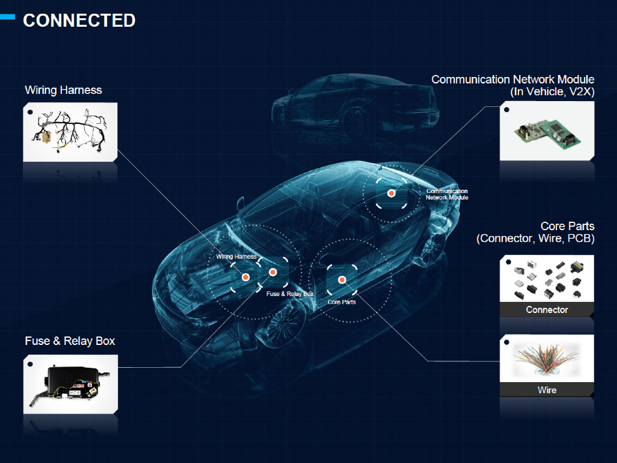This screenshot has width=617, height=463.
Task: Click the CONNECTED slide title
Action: (79, 20)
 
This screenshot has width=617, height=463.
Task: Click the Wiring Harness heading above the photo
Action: (63, 90)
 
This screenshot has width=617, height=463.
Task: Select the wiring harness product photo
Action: (70, 132)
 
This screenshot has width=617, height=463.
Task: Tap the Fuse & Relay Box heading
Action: (70, 340)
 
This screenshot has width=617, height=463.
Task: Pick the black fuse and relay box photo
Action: (70, 384)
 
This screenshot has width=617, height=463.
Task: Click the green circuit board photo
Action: (547, 131)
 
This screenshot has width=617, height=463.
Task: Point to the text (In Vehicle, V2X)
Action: (552, 92)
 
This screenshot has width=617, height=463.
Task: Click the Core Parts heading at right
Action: (567, 226)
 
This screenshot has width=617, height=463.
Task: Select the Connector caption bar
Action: (547, 310)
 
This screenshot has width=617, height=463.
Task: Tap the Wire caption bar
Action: (547, 390)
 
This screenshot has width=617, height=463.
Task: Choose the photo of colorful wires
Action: (547, 359)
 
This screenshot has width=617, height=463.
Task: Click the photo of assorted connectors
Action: (547, 279)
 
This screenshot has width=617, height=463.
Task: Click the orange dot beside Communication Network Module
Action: (391, 193)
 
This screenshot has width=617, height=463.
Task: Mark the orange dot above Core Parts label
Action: (342, 280)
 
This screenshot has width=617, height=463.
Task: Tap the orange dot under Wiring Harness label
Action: (245, 277)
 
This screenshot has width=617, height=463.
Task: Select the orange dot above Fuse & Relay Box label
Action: (273, 272)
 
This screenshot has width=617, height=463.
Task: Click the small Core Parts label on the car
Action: (342, 302)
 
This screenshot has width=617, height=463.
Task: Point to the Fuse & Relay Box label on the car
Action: (290, 294)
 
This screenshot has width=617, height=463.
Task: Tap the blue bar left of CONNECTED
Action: (7, 16)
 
